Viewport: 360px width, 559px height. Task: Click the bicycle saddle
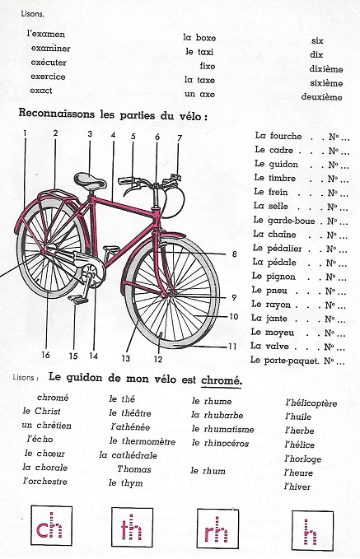click(87, 178)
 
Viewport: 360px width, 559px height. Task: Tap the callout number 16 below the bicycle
click(46, 355)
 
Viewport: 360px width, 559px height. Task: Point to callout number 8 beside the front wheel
click(234, 254)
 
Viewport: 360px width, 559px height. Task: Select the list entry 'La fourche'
click(278, 136)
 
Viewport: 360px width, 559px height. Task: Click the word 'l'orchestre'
click(46, 480)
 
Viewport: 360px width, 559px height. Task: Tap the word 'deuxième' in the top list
click(321, 97)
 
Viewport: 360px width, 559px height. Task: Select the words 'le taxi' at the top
click(200, 51)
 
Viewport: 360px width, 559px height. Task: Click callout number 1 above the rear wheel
click(26, 133)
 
